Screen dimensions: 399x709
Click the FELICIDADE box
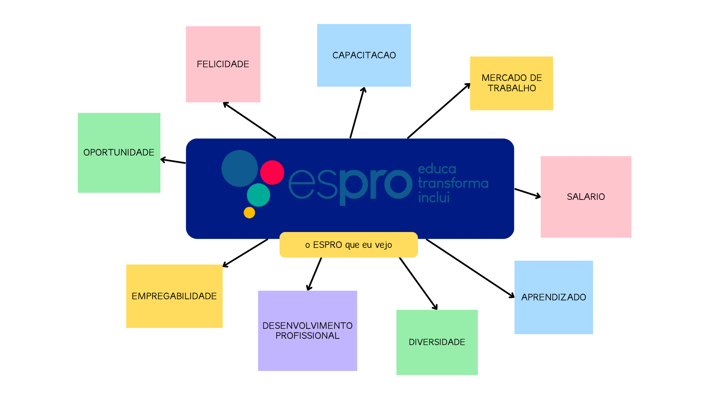223,64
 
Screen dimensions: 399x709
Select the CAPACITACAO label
364,55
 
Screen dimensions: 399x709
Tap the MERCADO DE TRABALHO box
511,83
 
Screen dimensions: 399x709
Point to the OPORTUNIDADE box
119,153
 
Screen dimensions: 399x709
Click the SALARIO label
586,197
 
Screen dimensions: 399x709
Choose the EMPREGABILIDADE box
174,296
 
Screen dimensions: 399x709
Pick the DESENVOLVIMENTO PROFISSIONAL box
307,331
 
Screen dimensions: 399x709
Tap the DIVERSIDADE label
437,342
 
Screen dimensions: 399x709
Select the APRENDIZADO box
554,297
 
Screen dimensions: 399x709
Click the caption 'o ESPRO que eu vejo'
349,245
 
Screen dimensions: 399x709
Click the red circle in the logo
272,173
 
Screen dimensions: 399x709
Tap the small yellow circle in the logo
249,212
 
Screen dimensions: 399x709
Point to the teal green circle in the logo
258,195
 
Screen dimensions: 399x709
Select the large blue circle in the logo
240,168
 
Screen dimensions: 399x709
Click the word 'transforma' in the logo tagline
453,183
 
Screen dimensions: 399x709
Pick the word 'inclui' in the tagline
434,198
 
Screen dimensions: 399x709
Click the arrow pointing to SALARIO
527,193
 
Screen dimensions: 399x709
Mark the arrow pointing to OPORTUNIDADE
173,161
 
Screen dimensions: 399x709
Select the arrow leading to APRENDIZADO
470,268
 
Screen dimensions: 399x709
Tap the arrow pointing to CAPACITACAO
357,113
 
